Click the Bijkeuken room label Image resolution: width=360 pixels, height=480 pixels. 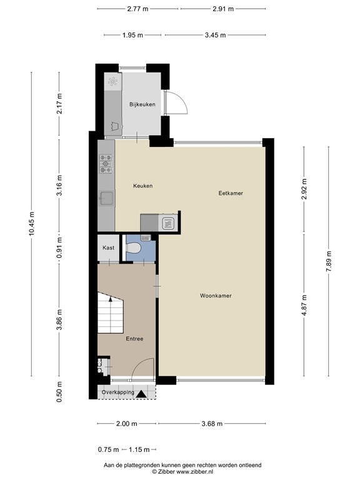pyautogui.click(x=142, y=104)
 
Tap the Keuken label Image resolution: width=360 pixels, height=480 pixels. pyautogui.click(x=142, y=186)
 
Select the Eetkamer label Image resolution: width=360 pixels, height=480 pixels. pyautogui.click(x=230, y=194)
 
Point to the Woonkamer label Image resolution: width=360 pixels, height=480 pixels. pyautogui.click(x=216, y=296)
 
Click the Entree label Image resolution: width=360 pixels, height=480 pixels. pyautogui.click(x=134, y=339)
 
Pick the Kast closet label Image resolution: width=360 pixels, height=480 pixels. pyautogui.click(x=107, y=248)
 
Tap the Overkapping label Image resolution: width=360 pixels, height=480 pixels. pyautogui.click(x=117, y=392)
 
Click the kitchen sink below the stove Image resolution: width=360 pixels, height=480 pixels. pyautogui.click(x=106, y=198)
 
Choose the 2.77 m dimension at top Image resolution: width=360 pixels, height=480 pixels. pyautogui.click(x=137, y=9)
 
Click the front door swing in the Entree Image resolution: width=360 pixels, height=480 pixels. pyautogui.click(x=145, y=367)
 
